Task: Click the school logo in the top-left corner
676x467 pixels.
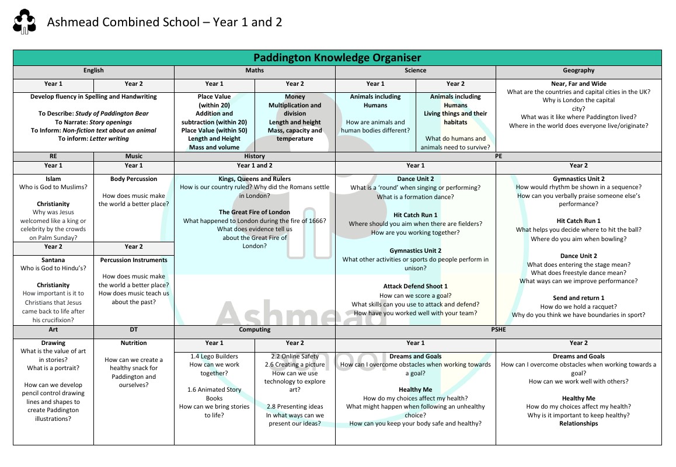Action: tap(24, 23)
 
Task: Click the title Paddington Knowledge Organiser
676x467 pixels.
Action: tap(337, 57)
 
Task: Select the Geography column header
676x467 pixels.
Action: tap(579, 71)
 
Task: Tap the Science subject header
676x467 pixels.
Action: tap(415, 71)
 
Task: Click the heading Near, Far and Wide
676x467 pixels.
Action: tap(579, 84)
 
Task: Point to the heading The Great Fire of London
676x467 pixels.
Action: tap(255, 212)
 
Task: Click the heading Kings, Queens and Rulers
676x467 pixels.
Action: tap(255, 179)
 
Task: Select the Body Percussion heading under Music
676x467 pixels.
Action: tap(134, 179)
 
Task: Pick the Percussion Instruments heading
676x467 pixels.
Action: tap(134, 260)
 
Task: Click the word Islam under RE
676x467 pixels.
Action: tap(53, 179)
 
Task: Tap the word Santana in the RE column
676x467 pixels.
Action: tap(53, 260)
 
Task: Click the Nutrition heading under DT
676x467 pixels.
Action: tap(134, 343)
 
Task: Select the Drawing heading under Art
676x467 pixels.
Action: tap(53, 343)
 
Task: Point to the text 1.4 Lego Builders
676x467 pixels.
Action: tap(214, 357)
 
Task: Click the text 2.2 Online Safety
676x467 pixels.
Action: tap(295, 357)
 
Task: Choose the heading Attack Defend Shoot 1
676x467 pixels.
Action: tap(415, 287)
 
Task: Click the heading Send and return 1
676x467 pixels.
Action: tap(579, 298)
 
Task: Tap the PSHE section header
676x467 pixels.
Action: tap(499, 330)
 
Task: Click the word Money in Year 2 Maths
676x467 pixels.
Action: tap(295, 97)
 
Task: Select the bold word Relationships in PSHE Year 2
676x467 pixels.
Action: tap(579, 424)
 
